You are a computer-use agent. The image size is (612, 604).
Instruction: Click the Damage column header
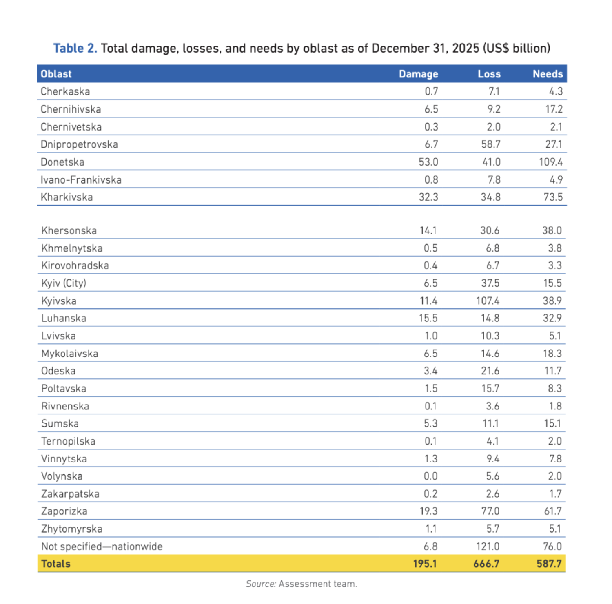point(418,74)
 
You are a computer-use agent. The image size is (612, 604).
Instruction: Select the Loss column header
point(489,74)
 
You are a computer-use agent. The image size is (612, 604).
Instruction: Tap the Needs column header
point(548,74)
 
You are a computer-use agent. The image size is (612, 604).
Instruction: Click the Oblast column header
point(56,74)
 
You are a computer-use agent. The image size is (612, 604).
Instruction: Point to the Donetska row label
point(62,162)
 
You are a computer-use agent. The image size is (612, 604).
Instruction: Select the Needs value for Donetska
point(551,162)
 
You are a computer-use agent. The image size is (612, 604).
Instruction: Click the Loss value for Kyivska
point(488,301)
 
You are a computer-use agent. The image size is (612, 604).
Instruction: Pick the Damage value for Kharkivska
point(428,197)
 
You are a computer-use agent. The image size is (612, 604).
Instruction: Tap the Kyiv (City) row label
point(64,283)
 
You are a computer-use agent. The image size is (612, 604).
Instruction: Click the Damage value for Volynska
point(430,476)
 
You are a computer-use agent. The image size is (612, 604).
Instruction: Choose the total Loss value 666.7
point(486,564)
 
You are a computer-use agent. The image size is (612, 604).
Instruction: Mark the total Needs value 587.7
point(549,564)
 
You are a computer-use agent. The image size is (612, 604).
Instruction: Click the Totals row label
point(56,564)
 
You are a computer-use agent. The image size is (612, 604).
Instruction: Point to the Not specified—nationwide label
point(102,546)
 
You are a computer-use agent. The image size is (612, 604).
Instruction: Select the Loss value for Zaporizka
point(490,511)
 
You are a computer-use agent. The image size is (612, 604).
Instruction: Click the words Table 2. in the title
point(75,48)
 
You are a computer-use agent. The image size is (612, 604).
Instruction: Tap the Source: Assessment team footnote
point(302,584)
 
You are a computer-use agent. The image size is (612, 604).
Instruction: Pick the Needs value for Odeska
point(553,371)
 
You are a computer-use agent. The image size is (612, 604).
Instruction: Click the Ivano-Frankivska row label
point(81,179)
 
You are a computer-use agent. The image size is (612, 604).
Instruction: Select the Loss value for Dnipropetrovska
point(491,144)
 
